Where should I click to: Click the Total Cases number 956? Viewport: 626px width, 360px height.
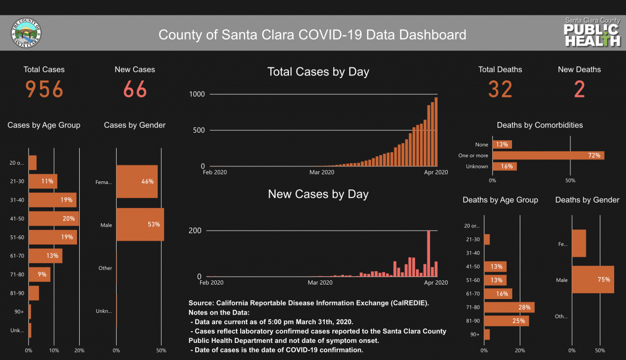[44, 89]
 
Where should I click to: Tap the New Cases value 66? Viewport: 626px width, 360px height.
[135, 89]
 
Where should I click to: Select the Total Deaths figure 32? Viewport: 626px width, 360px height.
[500, 89]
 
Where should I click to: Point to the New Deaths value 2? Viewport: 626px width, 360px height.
[579, 89]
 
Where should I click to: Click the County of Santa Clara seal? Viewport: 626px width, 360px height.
[26, 33]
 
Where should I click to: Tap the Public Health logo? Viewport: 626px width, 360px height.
[592, 33]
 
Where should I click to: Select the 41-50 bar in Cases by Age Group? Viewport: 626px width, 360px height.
[54, 218]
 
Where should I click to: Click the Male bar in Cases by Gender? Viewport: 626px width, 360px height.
[140, 225]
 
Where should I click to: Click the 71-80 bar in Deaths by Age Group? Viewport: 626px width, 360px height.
[509, 307]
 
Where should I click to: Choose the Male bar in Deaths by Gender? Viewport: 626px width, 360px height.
[593, 280]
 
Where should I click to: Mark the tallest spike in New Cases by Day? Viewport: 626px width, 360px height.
[429, 254]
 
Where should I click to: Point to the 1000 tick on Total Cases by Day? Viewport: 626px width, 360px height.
[196, 94]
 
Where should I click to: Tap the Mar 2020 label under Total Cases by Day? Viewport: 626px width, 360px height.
[322, 172]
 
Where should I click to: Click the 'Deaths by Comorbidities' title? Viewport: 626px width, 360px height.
[539, 125]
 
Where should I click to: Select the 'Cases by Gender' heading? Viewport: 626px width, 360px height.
[135, 125]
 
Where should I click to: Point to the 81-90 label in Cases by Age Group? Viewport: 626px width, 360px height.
[17, 293]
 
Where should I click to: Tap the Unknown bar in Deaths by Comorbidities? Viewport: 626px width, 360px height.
[505, 166]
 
